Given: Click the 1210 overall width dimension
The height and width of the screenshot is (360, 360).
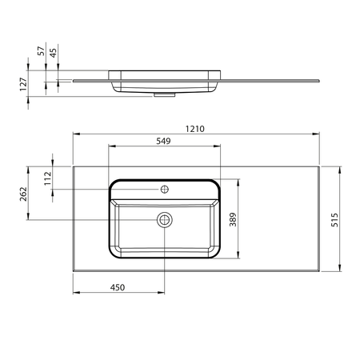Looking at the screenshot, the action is (195, 129).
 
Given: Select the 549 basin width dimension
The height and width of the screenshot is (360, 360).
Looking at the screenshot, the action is (163, 141).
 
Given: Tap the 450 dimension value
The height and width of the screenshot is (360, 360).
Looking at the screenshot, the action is (118, 287).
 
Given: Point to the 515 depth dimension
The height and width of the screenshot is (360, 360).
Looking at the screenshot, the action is (334, 220).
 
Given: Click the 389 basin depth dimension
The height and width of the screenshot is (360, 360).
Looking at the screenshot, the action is (233, 219).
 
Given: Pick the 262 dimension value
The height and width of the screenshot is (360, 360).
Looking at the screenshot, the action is (23, 194).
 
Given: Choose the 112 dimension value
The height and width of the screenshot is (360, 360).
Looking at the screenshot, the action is (48, 178).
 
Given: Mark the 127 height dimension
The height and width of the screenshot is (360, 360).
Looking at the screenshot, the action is (23, 84).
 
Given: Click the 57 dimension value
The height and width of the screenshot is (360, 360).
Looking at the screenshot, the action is (41, 51).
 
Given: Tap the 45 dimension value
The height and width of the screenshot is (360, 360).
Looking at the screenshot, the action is (54, 53).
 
